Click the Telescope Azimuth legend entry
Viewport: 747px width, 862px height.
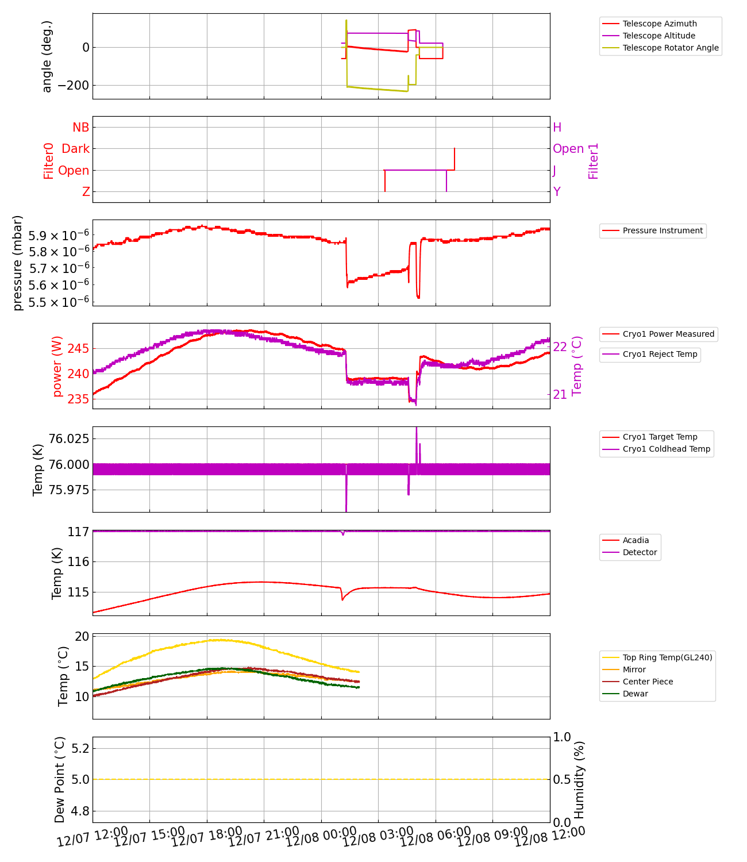[659, 24]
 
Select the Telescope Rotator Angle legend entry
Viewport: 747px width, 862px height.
[670, 48]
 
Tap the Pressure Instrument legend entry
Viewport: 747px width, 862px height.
[662, 230]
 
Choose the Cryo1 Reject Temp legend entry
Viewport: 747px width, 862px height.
[660, 354]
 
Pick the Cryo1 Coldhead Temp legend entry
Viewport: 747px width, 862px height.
[666, 449]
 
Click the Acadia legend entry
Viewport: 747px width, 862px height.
[636, 540]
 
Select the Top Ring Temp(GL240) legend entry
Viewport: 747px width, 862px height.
[667, 657]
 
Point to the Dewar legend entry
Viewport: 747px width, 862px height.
[635, 694]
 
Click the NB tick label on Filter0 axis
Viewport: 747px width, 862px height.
[80, 128]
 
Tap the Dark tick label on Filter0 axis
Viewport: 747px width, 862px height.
[75, 149]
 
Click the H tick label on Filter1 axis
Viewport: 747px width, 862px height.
[557, 128]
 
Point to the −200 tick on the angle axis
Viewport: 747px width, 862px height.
[73, 86]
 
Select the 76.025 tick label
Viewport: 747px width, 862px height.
[68, 439]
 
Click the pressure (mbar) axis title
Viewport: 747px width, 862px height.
[18, 263]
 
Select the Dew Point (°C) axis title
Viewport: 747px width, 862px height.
[60, 779]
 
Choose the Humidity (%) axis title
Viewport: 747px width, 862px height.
[579, 779]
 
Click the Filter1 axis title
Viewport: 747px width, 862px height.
[594, 161]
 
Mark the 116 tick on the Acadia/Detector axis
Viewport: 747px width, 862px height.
[78, 562]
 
